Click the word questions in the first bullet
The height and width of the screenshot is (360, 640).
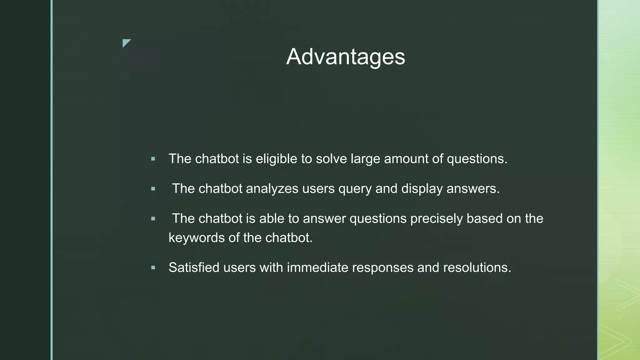tap(477, 159)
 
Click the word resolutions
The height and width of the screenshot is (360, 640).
tap(477, 267)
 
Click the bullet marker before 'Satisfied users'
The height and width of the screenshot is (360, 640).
tap(153, 268)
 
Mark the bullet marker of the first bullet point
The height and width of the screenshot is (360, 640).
tap(153, 159)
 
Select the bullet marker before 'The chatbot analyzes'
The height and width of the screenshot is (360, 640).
tap(153, 189)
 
